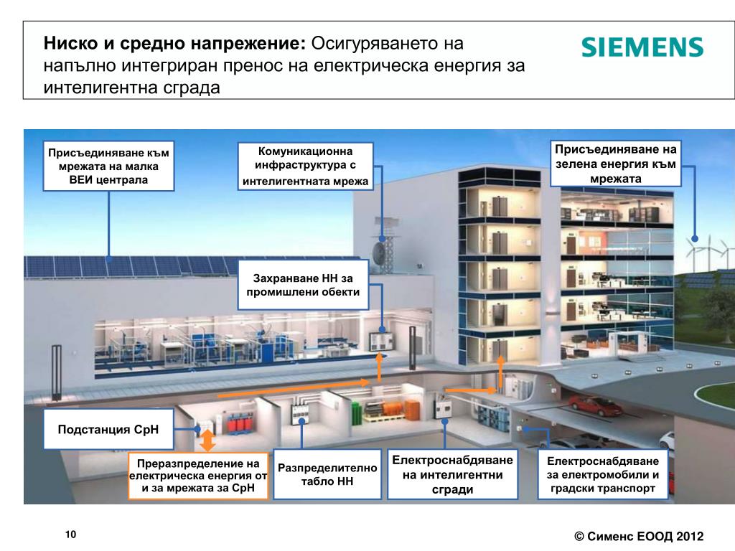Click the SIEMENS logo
point(642,47)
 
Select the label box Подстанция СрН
point(108,429)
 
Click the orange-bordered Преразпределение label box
point(198,476)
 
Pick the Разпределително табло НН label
point(327,474)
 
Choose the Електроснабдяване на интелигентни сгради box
point(453,474)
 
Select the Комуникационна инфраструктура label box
point(306,166)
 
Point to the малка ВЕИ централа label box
point(108,166)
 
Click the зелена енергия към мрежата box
point(615,163)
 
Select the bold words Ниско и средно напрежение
point(175,43)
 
